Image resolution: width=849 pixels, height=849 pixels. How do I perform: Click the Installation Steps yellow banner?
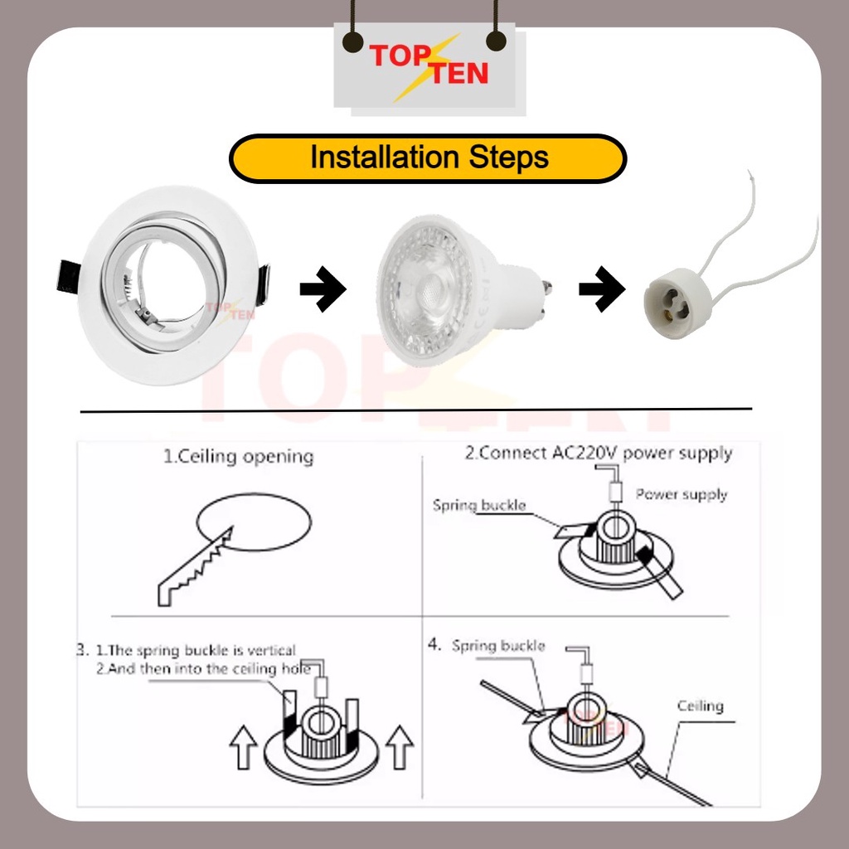[x=428, y=158]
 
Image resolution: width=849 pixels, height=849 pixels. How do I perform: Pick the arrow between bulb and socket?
[x=602, y=289]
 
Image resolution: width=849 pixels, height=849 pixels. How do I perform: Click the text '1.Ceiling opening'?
[x=238, y=457]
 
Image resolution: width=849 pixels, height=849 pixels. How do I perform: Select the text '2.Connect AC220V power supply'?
[x=598, y=453]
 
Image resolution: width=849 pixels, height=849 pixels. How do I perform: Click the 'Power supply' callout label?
[x=682, y=494]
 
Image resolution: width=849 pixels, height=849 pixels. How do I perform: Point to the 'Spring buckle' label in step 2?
[x=479, y=505]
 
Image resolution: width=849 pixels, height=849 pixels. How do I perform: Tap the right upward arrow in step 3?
[x=400, y=745]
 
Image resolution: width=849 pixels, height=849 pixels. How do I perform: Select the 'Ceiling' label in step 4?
[x=701, y=706]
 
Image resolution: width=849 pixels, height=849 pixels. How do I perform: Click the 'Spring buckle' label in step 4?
[x=498, y=646]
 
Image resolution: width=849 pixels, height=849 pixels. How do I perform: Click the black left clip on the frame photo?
[x=68, y=277]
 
